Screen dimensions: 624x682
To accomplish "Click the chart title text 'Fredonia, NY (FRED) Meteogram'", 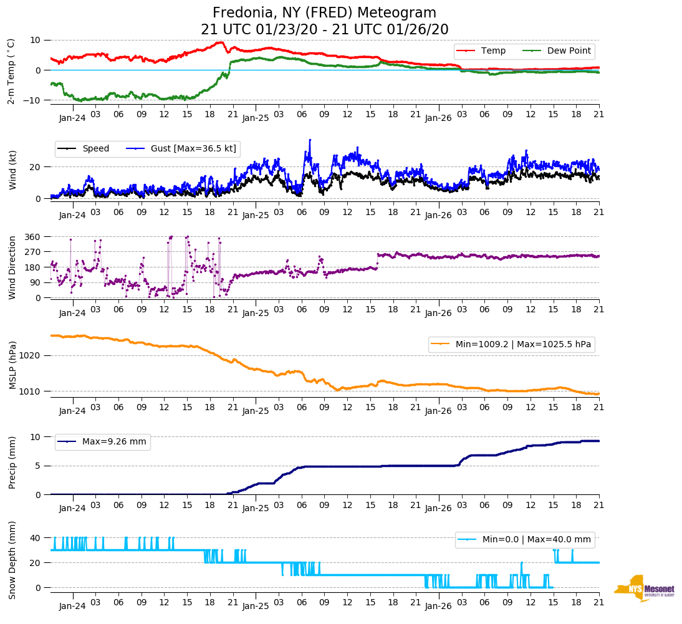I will (x=324, y=13).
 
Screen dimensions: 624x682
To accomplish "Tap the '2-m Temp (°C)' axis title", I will (x=11, y=71).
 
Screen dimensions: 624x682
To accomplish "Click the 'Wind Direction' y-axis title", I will (x=12, y=267).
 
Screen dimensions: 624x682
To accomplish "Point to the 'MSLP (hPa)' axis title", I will (x=12, y=365).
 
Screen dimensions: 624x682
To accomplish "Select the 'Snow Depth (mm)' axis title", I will (x=12, y=560).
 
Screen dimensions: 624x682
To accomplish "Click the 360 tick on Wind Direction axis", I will (x=32, y=237).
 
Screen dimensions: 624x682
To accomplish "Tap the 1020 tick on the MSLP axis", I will (x=31, y=356).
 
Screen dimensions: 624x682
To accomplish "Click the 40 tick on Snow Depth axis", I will (x=36, y=538).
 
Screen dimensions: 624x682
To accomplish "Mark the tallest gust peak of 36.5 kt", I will (x=310, y=140).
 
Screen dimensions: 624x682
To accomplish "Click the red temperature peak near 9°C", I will (x=221, y=42).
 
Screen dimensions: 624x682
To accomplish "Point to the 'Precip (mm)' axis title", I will (x=12, y=463).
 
